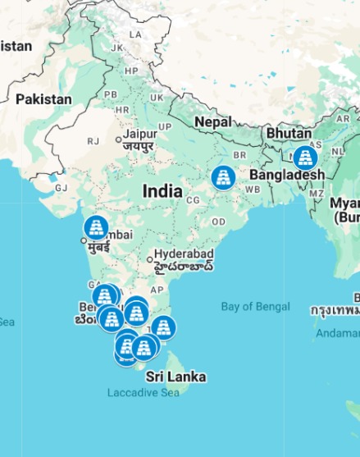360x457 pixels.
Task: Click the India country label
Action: (162, 191)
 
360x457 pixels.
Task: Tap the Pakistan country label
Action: (43, 99)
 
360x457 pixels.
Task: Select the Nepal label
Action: (213, 122)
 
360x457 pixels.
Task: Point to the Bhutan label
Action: (289, 133)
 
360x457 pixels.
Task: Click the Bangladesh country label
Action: (286, 175)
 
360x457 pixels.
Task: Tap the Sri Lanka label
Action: (175, 377)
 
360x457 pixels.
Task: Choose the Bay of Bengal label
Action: (255, 307)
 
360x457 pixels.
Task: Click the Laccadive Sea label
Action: (144, 393)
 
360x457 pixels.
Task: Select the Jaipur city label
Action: (139, 134)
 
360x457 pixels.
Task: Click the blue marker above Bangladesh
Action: (306, 158)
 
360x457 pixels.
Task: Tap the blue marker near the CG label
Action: (223, 177)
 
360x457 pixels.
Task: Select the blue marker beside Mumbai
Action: (97, 226)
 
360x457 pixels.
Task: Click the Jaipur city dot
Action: (119, 141)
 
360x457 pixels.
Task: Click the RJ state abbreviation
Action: (93, 141)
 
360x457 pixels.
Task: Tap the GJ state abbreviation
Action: (61, 187)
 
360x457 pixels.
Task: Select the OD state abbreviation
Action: (218, 222)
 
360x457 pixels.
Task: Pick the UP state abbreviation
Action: (165, 126)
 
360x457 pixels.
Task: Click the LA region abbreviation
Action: (136, 34)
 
